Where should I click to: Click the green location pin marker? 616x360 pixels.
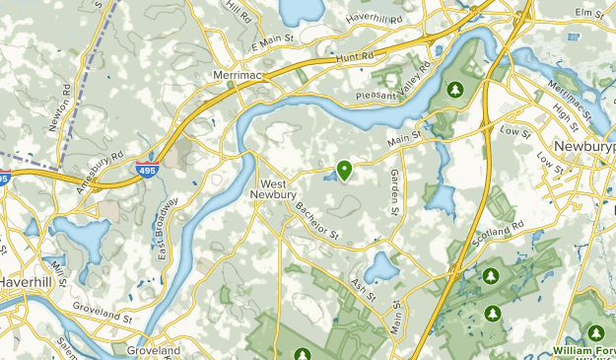point(344,170)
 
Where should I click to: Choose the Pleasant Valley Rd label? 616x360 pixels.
point(394,88)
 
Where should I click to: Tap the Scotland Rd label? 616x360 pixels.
point(498,233)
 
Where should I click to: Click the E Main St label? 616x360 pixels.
point(272,43)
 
